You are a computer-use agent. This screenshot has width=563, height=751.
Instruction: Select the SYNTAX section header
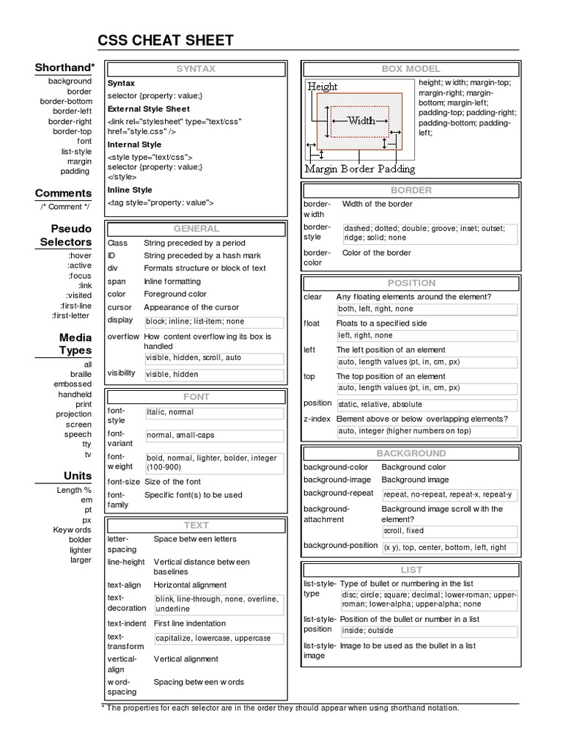click(x=196, y=69)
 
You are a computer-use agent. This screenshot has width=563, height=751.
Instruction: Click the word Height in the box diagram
click(x=323, y=87)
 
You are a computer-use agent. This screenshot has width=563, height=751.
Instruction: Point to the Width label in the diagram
click(x=361, y=121)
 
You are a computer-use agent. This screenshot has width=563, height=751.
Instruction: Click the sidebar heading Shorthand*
click(x=65, y=67)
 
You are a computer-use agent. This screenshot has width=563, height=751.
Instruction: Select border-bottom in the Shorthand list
click(x=66, y=101)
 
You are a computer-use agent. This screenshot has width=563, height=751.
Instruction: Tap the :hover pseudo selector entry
click(x=79, y=255)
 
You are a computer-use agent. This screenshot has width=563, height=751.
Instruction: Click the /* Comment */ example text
click(x=65, y=207)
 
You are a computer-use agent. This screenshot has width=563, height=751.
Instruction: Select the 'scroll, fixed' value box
click(x=403, y=531)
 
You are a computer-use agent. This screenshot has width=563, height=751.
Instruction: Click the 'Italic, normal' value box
click(x=170, y=413)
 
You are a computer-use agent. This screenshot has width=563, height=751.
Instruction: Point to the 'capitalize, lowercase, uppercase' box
click(x=213, y=638)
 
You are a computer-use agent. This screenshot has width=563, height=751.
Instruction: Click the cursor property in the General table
click(x=119, y=307)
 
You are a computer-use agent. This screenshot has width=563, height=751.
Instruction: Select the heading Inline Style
click(x=130, y=190)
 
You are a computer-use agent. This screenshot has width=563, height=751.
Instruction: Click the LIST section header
click(x=411, y=569)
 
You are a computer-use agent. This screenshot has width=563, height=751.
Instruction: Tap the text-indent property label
click(x=127, y=623)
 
